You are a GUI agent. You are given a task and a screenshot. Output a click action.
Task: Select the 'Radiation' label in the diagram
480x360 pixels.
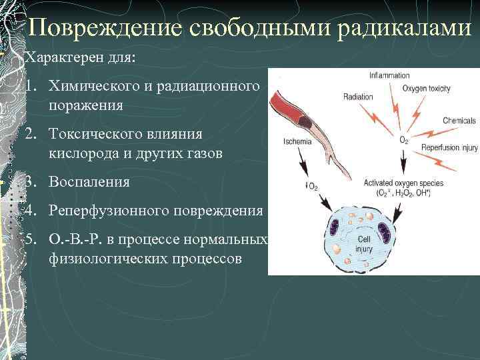358,97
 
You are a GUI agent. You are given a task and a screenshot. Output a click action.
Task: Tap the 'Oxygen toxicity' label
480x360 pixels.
427,88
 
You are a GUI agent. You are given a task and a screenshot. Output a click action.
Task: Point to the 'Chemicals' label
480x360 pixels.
459,121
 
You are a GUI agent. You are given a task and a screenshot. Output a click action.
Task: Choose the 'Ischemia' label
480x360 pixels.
297,141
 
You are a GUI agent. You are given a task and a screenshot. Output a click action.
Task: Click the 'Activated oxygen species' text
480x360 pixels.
403,183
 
